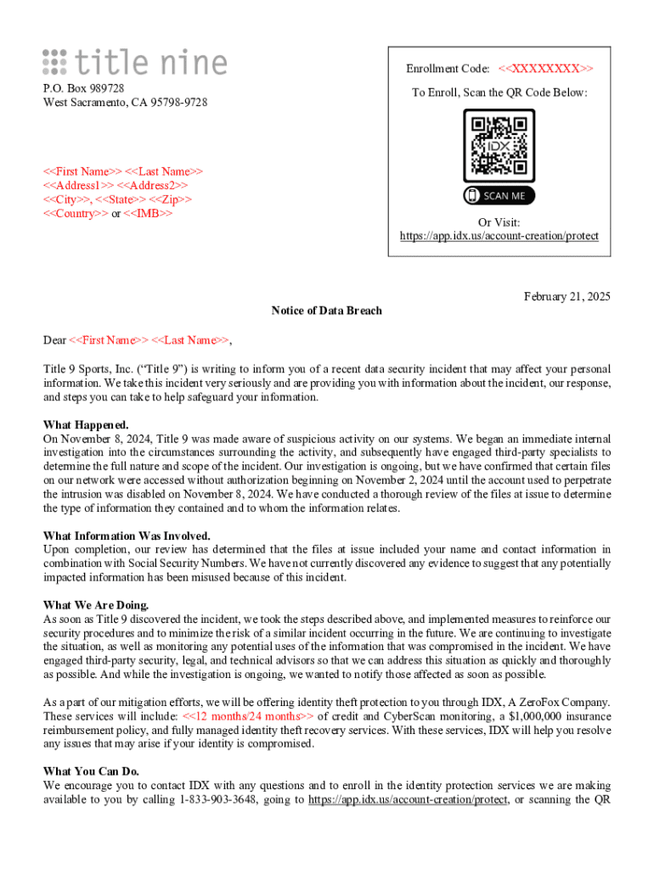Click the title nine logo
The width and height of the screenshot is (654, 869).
(135, 62)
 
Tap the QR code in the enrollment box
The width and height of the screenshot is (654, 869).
(499, 144)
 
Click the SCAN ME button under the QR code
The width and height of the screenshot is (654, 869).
(499, 196)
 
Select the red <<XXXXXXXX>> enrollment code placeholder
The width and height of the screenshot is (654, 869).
(545, 68)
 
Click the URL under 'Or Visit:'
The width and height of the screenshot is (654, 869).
(499, 236)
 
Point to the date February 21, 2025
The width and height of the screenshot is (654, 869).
(567, 296)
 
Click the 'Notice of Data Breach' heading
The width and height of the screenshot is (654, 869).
(327, 311)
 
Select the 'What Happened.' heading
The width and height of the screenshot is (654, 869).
(86, 424)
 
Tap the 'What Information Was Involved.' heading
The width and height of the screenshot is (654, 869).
(127, 535)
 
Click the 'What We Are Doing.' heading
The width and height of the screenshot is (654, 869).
(96, 605)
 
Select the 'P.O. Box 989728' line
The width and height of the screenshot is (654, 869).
(83, 88)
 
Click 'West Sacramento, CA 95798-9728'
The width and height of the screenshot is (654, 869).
(125, 103)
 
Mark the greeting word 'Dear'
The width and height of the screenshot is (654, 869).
(54, 340)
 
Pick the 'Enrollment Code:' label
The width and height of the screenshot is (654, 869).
(448, 68)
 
